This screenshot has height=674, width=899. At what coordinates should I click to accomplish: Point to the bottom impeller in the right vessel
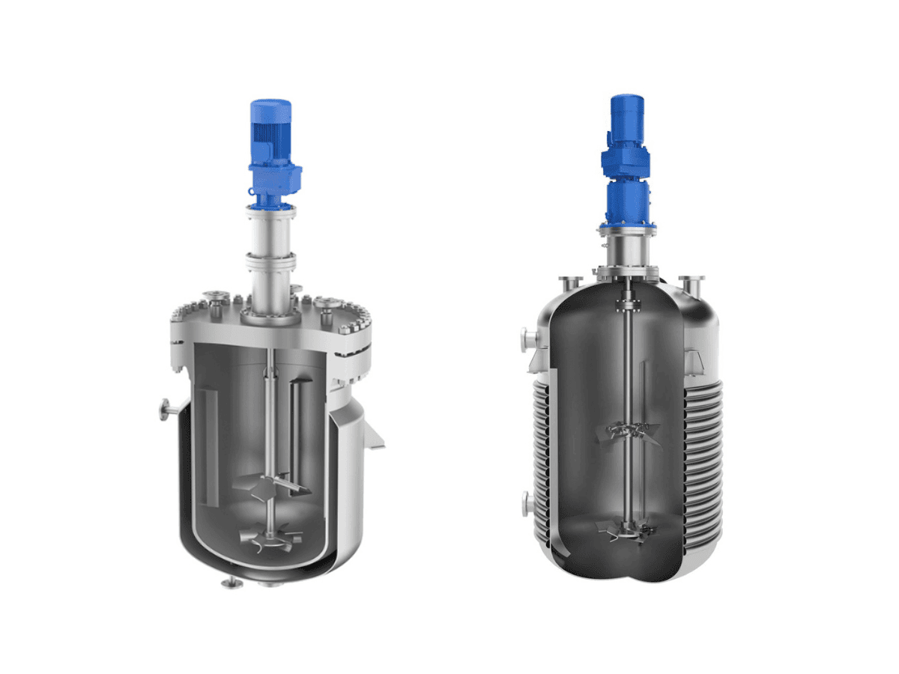626,529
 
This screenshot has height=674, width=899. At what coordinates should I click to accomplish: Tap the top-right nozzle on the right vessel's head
691,283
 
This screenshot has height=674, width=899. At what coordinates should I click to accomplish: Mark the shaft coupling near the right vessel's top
626,305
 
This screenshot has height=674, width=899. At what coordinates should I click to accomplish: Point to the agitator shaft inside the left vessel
267,419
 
